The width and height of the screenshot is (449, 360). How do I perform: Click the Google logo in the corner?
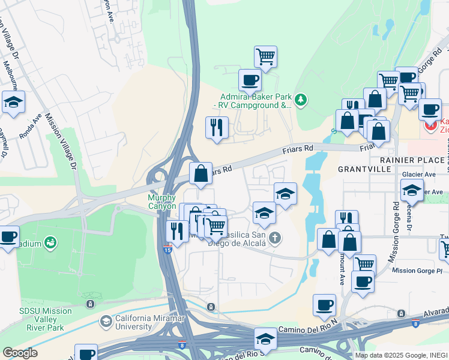click(x=20, y=353)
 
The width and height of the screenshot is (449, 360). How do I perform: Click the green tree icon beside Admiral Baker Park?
click(x=301, y=100)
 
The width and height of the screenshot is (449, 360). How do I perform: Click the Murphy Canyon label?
click(x=161, y=202)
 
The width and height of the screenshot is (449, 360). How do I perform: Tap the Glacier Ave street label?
click(x=419, y=175)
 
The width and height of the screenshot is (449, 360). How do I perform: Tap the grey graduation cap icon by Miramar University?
click(x=106, y=322)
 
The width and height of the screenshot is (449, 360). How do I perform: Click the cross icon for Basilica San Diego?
click(x=275, y=238)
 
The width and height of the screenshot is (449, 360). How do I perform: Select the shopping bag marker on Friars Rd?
click(x=200, y=173)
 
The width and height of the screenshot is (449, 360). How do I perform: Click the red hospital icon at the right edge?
click(x=430, y=126)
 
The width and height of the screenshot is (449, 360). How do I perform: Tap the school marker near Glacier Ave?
click(x=412, y=191)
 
